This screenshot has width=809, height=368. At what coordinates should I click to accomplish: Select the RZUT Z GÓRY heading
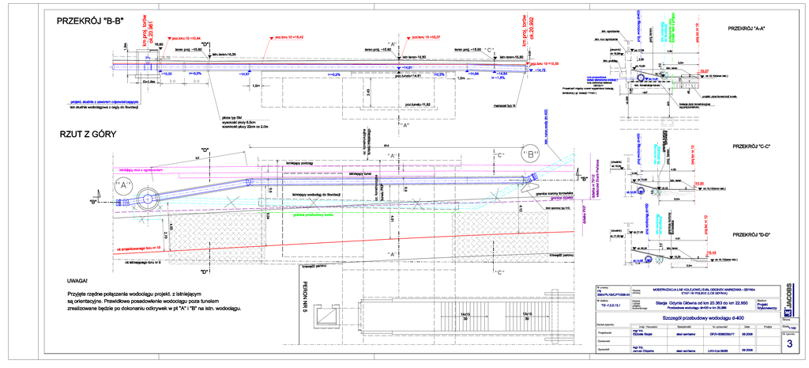tap(88, 135)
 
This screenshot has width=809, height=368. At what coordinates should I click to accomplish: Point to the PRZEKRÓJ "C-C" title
tap(751, 146)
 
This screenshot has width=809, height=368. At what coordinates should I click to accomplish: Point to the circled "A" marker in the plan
tap(122, 186)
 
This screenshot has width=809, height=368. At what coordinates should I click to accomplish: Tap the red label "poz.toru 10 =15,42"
tap(289, 36)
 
